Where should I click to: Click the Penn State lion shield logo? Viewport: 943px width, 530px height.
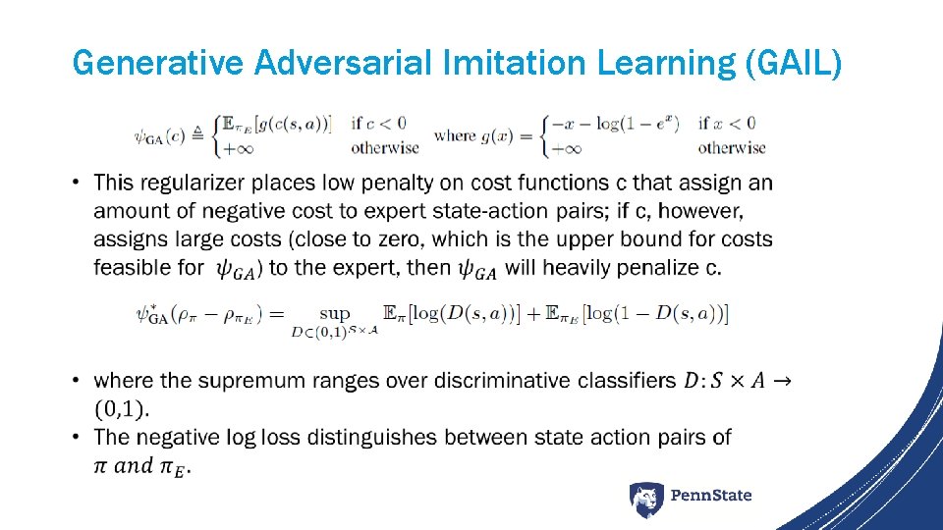tap(646, 500)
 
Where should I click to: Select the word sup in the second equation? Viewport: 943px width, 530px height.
tap(335, 313)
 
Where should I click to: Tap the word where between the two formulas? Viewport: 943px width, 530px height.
tap(455, 135)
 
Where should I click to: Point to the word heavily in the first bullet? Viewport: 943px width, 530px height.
tap(576, 268)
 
